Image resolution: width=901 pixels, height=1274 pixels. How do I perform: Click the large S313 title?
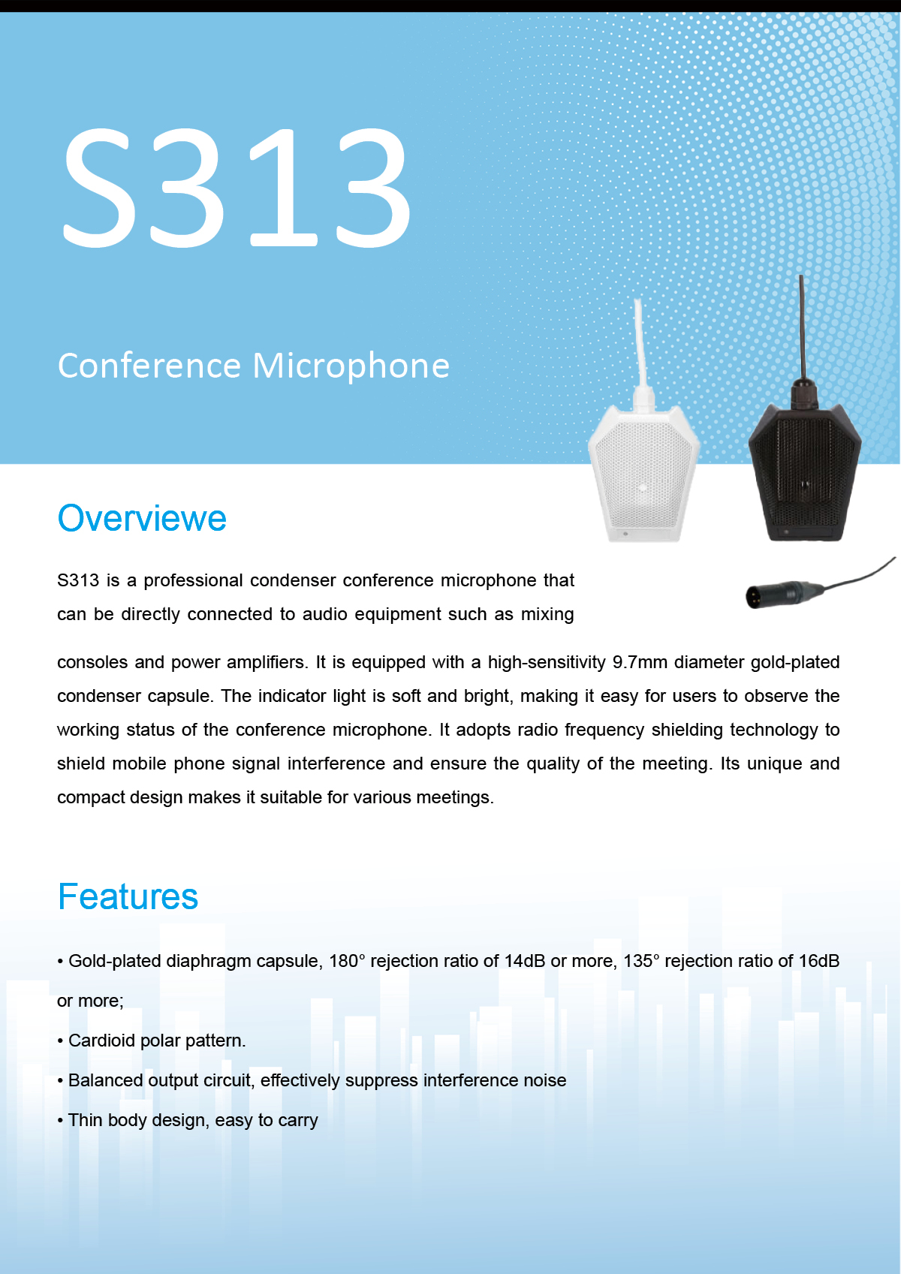tap(236, 188)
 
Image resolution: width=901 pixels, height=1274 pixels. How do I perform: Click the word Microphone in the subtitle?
tap(351, 366)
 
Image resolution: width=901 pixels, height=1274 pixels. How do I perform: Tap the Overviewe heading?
tap(142, 518)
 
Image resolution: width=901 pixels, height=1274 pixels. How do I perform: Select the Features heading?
tap(128, 896)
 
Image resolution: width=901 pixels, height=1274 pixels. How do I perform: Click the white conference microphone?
tap(643, 472)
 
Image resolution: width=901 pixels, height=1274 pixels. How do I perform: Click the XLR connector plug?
tap(785, 594)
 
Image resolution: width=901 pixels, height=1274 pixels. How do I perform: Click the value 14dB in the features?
tap(524, 961)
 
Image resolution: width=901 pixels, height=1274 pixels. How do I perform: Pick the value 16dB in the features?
tap(819, 961)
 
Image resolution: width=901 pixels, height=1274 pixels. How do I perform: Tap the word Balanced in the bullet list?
tap(105, 1080)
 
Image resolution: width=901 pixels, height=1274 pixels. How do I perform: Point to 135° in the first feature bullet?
tap(641, 961)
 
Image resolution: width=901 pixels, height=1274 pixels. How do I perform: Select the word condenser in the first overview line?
tap(293, 580)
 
